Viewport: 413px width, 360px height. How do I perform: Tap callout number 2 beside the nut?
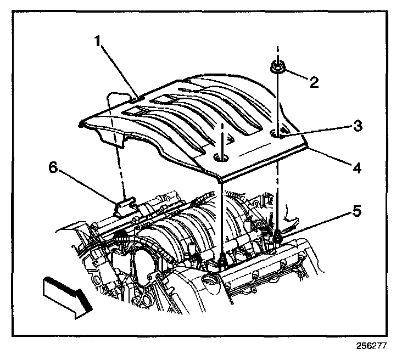point(314,82)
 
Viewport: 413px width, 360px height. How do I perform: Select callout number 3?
point(357,126)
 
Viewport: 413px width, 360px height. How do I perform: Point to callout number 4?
point(357,167)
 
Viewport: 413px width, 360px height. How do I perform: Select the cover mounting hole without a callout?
point(222,158)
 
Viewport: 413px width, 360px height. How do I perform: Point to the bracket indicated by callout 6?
point(125,206)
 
